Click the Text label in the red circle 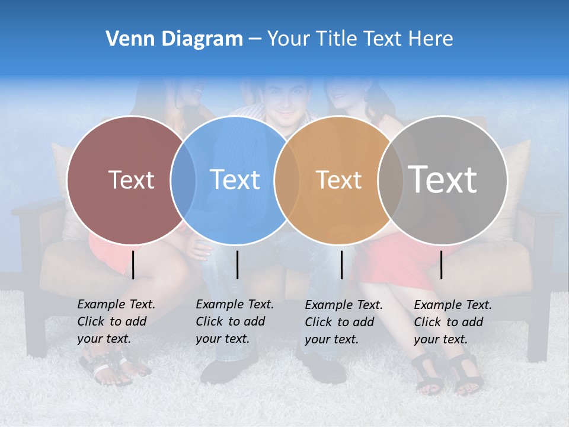click(131, 180)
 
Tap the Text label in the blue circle click(235, 180)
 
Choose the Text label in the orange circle click(338, 180)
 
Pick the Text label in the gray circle click(443, 180)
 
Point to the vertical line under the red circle click(133, 265)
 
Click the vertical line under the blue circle click(237, 265)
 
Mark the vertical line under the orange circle click(341, 265)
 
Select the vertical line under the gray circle click(442, 265)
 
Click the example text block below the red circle click(116, 321)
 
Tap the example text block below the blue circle click(234, 321)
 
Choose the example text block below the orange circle click(343, 322)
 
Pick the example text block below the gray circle click(452, 322)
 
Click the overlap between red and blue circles click(183, 180)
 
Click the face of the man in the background click(287, 101)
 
